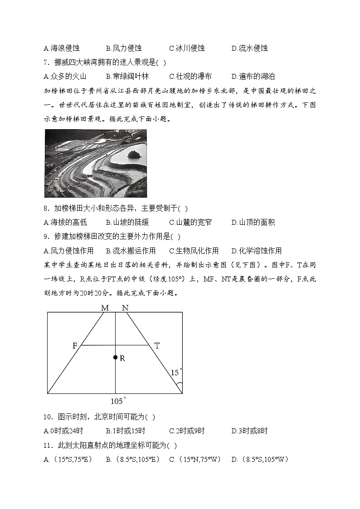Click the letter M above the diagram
105,308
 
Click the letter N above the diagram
125,308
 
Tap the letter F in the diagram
75,346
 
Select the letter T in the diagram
157,346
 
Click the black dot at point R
116,358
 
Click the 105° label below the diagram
118,401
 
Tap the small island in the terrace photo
133,155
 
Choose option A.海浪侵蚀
61,48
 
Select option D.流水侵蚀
249,48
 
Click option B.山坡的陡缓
127,223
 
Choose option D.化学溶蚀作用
256,251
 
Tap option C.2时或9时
187,431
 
